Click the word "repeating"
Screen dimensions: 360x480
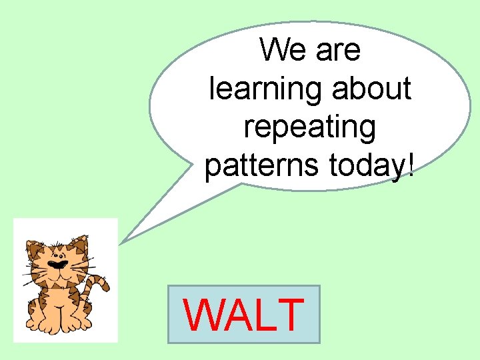309,127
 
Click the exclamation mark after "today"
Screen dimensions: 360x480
409,163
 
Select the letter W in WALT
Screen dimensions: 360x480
202,315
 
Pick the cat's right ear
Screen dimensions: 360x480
80,243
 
